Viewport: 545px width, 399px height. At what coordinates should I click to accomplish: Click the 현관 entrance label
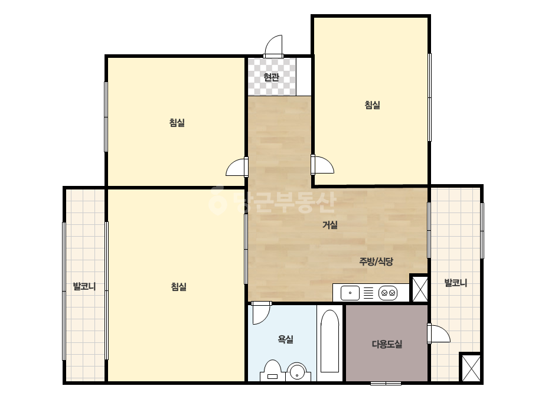click(x=271, y=77)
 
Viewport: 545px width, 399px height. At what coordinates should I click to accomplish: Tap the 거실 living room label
click(x=330, y=225)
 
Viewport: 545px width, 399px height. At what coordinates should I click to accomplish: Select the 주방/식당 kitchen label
click(x=376, y=261)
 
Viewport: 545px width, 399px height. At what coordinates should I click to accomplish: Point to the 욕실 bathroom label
click(x=285, y=339)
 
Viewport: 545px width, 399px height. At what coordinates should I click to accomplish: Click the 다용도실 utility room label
click(x=387, y=344)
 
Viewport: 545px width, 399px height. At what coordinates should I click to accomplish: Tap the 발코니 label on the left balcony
click(x=84, y=286)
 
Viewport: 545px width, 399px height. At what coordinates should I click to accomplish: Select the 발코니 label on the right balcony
click(x=456, y=283)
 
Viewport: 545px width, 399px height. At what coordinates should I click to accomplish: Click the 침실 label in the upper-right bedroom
click(x=372, y=104)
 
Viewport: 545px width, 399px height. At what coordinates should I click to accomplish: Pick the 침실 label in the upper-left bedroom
click(x=177, y=122)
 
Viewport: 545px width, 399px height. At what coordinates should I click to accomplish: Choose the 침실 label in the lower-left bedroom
click(x=179, y=286)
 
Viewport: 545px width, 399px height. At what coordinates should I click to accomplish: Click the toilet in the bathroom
click(x=273, y=371)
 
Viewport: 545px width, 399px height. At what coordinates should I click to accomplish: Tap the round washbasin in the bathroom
click(x=296, y=372)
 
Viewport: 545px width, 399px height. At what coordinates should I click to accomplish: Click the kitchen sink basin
click(x=350, y=293)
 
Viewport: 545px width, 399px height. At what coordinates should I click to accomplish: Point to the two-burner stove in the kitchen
click(x=387, y=293)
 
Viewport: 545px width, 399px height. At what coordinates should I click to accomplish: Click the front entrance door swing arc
click(x=273, y=46)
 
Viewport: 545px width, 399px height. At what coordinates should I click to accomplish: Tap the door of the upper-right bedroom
click(x=322, y=165)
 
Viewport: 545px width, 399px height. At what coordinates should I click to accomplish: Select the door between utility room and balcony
click(x=439, y=333)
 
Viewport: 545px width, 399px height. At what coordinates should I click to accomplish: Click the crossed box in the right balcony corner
click(x=471, y=368)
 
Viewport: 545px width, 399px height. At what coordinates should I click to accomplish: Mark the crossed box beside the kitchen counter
click(x=420, y=289)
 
